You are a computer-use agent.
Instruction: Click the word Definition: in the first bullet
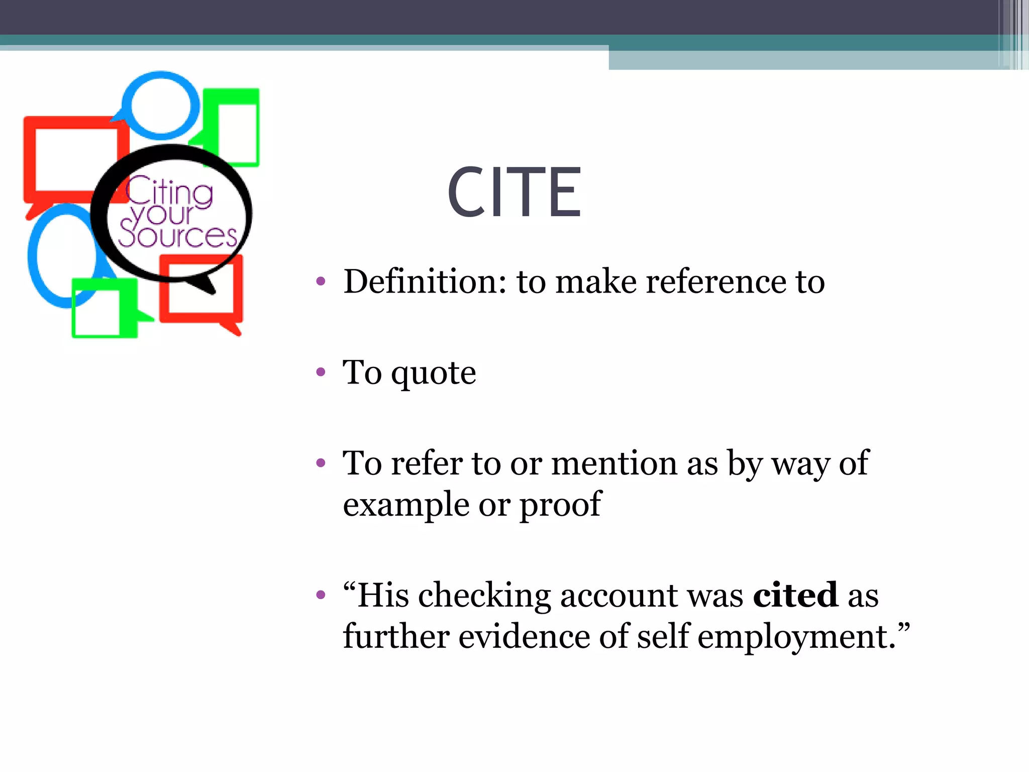click(425, 281)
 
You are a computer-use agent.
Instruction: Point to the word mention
click(614, 463)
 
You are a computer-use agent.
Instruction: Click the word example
click(406, 505)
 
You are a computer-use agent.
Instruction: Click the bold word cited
click(795, 596)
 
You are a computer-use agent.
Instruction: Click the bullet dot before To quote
click(321, 372)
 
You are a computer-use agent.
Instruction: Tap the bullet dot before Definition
click(321, 281)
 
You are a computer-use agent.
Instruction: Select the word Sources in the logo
click(177, 235)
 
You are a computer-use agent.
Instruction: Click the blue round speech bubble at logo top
click(160, 106)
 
